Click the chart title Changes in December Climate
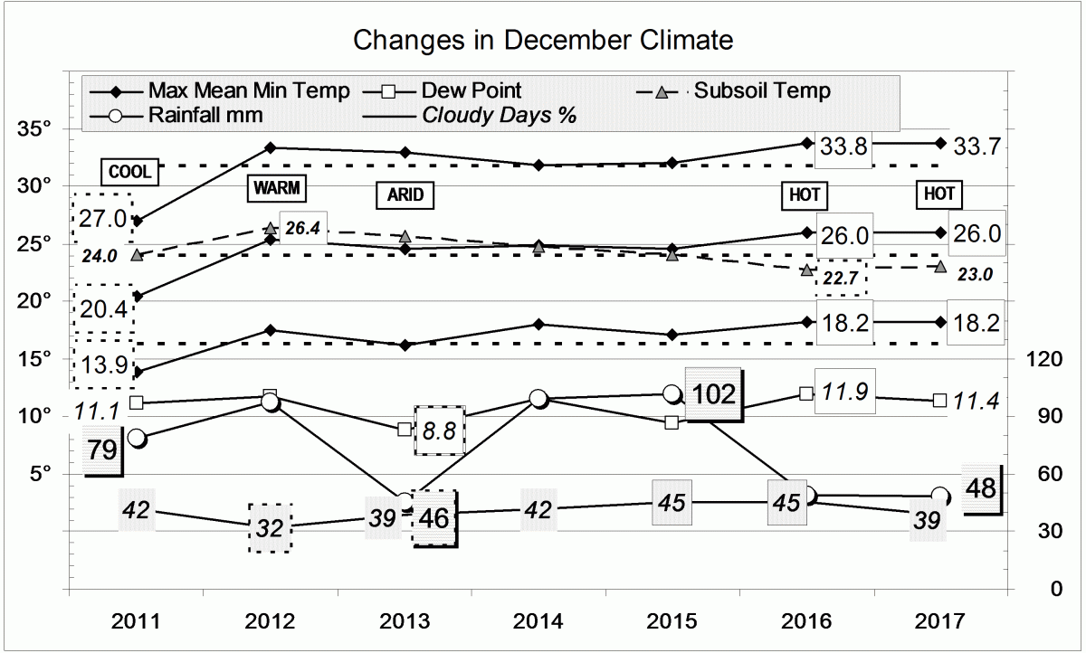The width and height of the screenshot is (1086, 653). tap(542, 41)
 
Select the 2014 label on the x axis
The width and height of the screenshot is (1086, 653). tap(539, 621)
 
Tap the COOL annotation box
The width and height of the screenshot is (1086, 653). tap(129, 171)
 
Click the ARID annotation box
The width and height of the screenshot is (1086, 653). tap(399, 194)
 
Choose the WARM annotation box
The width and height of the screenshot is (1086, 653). tap(276, 188)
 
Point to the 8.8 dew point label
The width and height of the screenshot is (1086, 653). tap(439, 431)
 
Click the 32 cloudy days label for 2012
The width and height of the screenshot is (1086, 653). tap(270, 527)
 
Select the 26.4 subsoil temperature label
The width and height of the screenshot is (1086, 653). tap(304, 229)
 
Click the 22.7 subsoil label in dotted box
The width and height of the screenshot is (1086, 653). tap(841, 279)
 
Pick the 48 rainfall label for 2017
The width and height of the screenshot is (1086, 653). tap(982, 489)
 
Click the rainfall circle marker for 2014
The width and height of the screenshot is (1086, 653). tap(538, 398)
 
